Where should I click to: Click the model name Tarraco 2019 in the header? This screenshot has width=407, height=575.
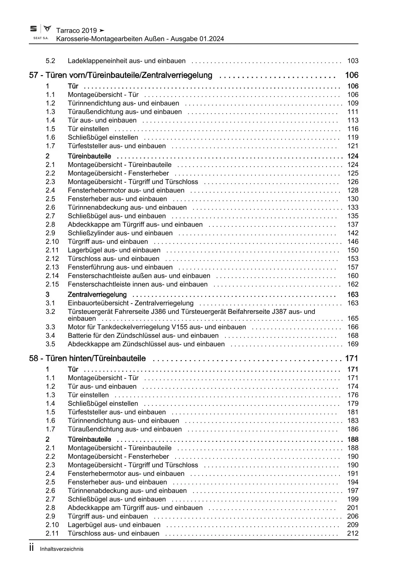76,31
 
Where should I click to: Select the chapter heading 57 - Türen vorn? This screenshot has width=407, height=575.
120,75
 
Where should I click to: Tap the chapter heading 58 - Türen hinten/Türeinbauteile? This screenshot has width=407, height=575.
87,359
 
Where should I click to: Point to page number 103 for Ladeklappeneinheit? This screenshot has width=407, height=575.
353,61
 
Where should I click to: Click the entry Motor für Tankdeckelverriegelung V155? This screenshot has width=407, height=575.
157,327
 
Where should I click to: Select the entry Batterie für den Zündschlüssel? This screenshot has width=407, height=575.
143,336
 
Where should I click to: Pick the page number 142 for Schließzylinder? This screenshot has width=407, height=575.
353,233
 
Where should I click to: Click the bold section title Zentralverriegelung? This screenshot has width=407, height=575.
97,295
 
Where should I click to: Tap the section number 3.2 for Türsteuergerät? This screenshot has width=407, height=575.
50,312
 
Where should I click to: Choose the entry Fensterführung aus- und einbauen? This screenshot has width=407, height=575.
120,267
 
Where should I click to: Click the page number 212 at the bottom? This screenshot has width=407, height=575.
353,533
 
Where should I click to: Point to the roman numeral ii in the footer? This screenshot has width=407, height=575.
32,548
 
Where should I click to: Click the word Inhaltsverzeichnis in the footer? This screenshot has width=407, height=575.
62,549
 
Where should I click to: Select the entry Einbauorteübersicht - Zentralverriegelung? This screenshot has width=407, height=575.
131,303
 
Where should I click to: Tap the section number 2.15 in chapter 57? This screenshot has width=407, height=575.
52,284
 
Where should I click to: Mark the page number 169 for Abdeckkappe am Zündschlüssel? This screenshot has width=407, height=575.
353,344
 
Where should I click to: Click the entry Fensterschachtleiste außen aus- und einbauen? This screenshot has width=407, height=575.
139,276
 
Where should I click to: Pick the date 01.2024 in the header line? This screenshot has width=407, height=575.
211,39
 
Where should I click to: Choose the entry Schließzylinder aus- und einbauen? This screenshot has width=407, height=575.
120,233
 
